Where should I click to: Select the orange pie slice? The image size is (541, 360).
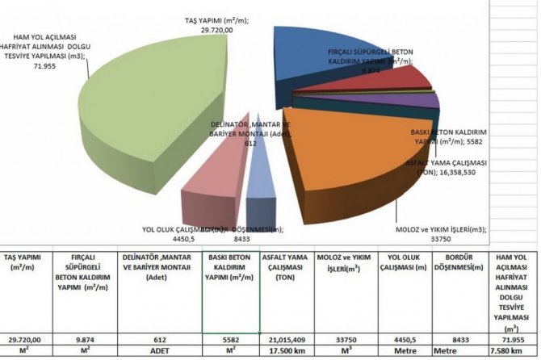[x=355, y=161]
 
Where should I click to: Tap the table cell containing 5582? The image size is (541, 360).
[x=231, y=340]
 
